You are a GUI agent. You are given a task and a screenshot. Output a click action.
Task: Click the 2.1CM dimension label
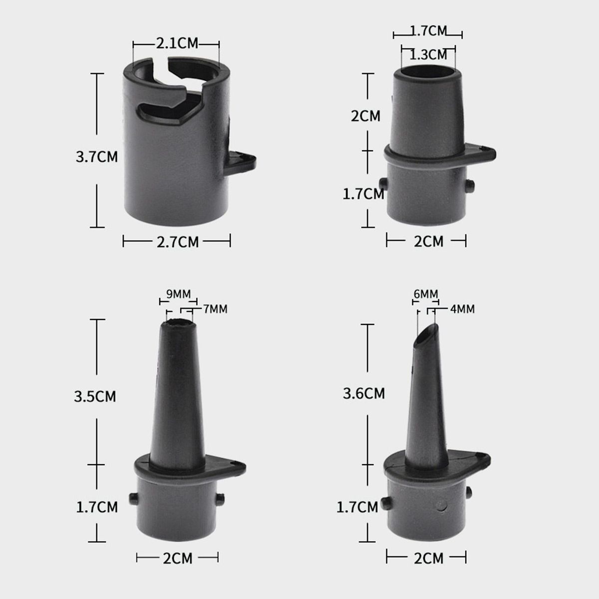pyautogui.click(x=177, y=43)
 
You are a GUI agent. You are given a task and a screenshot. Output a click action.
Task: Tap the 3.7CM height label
pyautogui.click(x=97, y=157)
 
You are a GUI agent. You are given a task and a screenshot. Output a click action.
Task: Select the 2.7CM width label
pyautogui.click(x=178, y=242)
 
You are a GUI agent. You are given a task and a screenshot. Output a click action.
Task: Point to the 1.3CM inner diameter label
pyautogui.click(x=428, y=55)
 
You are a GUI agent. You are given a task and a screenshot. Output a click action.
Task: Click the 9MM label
pyautogui.click(x=178, y=294)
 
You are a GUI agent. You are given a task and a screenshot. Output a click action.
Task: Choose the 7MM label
pyautogui.click(x=215, y=309)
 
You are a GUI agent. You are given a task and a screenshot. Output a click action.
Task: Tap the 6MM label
pyautogui.click(x=426, y=294)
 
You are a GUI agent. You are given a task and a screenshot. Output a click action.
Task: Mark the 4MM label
pyautogui.click(x=462, y=309)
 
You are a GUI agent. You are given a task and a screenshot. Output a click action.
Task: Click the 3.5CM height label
pyautogui.click(x=95, y=397)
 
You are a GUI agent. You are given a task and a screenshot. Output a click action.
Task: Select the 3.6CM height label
pyautogui.click(x=364, y=393)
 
